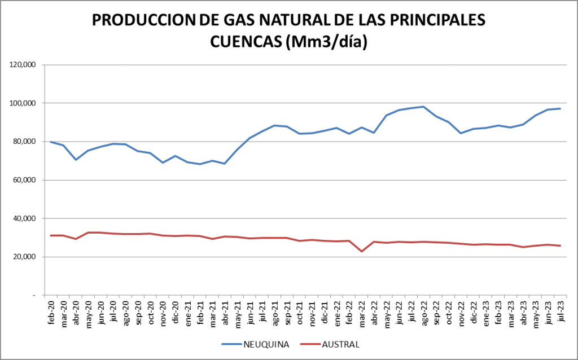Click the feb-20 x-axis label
coord(51,311)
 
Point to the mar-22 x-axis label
coord(362,312)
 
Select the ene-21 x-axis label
coord(188,312)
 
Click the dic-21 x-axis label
coord(325,311)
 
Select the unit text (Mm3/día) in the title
coord(327,42)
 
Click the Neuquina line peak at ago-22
coord(423,107)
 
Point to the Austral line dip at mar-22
coord(362,251)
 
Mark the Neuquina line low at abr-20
coord(76,160)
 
